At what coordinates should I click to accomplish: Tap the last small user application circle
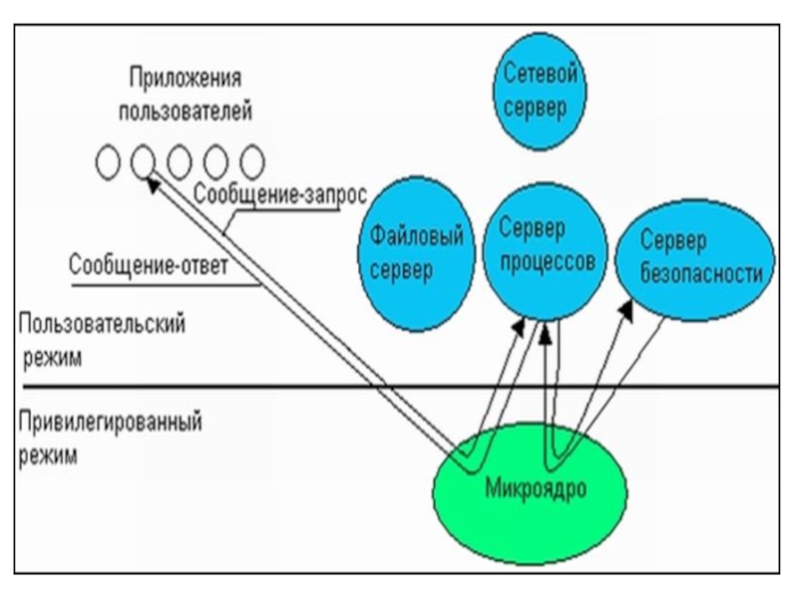click(x=254, y=160)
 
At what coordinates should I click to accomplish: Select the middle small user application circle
click(x=180, y=160)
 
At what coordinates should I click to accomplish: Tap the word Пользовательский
click(x=103, y=324)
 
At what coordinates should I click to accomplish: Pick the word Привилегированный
click(x=110, y=422)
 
